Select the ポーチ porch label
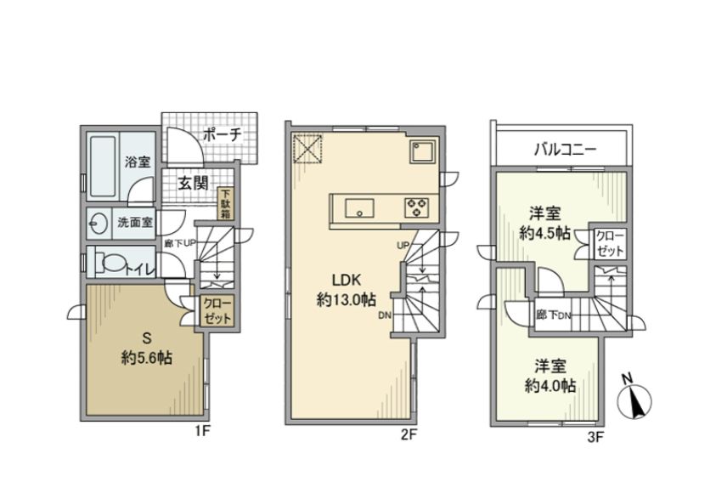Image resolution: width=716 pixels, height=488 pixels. pyautogui.click(x=223, y=133)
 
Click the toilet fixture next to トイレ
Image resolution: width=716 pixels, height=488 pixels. pyautogui.click(x=108, y=262)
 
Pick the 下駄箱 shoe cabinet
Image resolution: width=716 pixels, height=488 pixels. pyautogui.click(x=227, y=204)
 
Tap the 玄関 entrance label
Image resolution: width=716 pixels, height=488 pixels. pyautogui.click(x=195, y=181)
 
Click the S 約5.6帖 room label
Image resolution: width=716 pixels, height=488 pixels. pyautogui.click(x=145, y=349)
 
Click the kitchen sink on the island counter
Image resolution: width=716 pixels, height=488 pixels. pyautogui.click(x=357, y=207)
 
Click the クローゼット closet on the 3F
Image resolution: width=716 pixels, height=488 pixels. pyautogui.click(x=609, y=242)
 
